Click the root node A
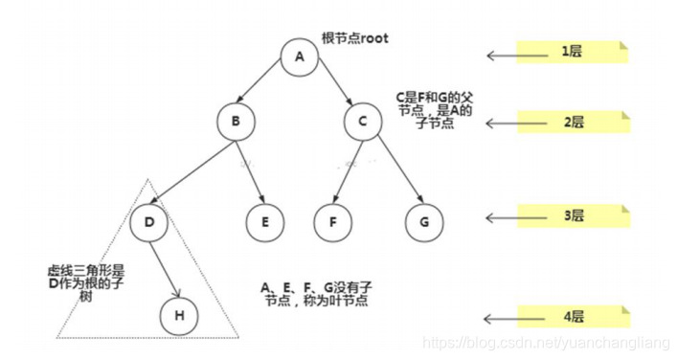pyautogui.click(x=299, y=56)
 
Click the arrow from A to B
pyautogui.click(x=266, y=89)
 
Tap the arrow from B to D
pyautogui.click(x=192, y=172)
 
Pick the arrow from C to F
pyautogui.click(x=347, y=172)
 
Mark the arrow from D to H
pyautogui.click(x=165, y=268)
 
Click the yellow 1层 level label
pyautogui.click(x=572, y=52)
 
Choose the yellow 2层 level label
pyautogui.click(x=572, y=122)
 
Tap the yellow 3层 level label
pyautogui.click(x=572, y=215)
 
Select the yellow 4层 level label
pyautogui.click(x=572, y=316)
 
